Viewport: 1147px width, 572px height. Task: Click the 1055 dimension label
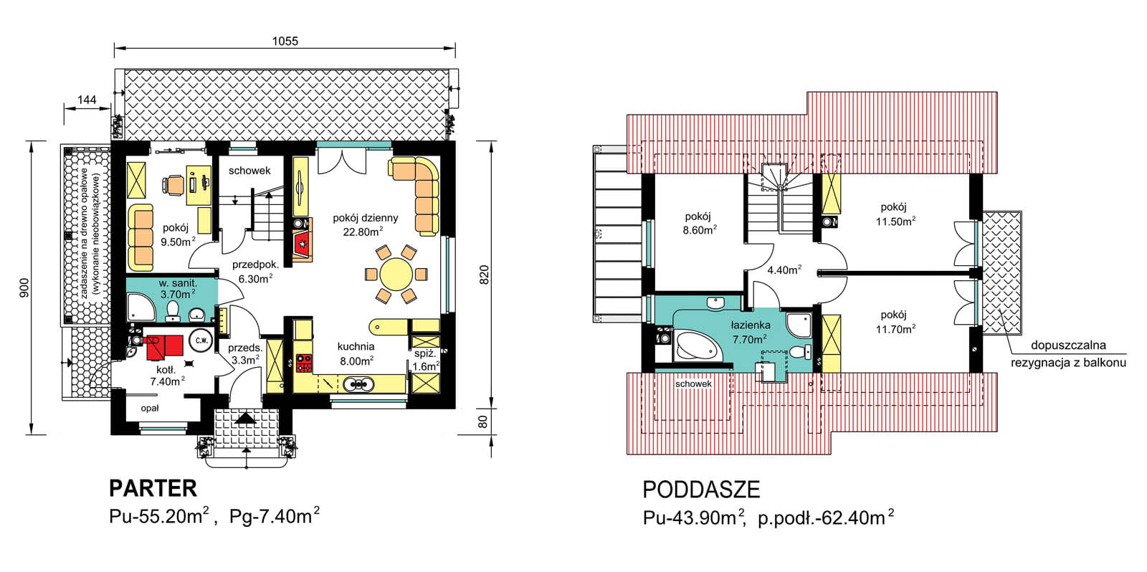(x=285, y=41)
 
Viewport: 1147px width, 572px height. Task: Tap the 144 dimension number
(x=87, y=100)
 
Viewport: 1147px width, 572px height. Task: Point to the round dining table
(x=396, y=274)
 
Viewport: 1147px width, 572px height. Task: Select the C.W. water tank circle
(x=201, y=340)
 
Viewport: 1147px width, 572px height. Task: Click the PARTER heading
(x=153, y=489)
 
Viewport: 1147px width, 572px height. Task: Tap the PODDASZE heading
(x=701, y=490)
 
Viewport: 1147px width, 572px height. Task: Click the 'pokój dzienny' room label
(x=365, y=218)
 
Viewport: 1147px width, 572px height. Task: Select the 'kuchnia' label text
(x=356, y=347)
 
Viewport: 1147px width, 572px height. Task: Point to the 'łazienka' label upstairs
(x=751, y=325)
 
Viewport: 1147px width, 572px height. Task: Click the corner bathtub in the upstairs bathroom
(x=697, y=346)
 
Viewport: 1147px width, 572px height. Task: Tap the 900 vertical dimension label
(x=24, y=288)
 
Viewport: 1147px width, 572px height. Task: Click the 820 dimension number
(x=484, y=275)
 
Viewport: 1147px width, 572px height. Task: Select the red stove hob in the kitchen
(x=304, y=363)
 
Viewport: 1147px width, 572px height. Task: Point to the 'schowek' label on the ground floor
(x=249, y=171)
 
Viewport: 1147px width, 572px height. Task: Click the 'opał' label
(x=150, y=408)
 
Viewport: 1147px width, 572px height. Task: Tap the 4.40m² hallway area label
(x=784, y=270)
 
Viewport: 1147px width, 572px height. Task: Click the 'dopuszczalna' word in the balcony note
(x=1068, y=345)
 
